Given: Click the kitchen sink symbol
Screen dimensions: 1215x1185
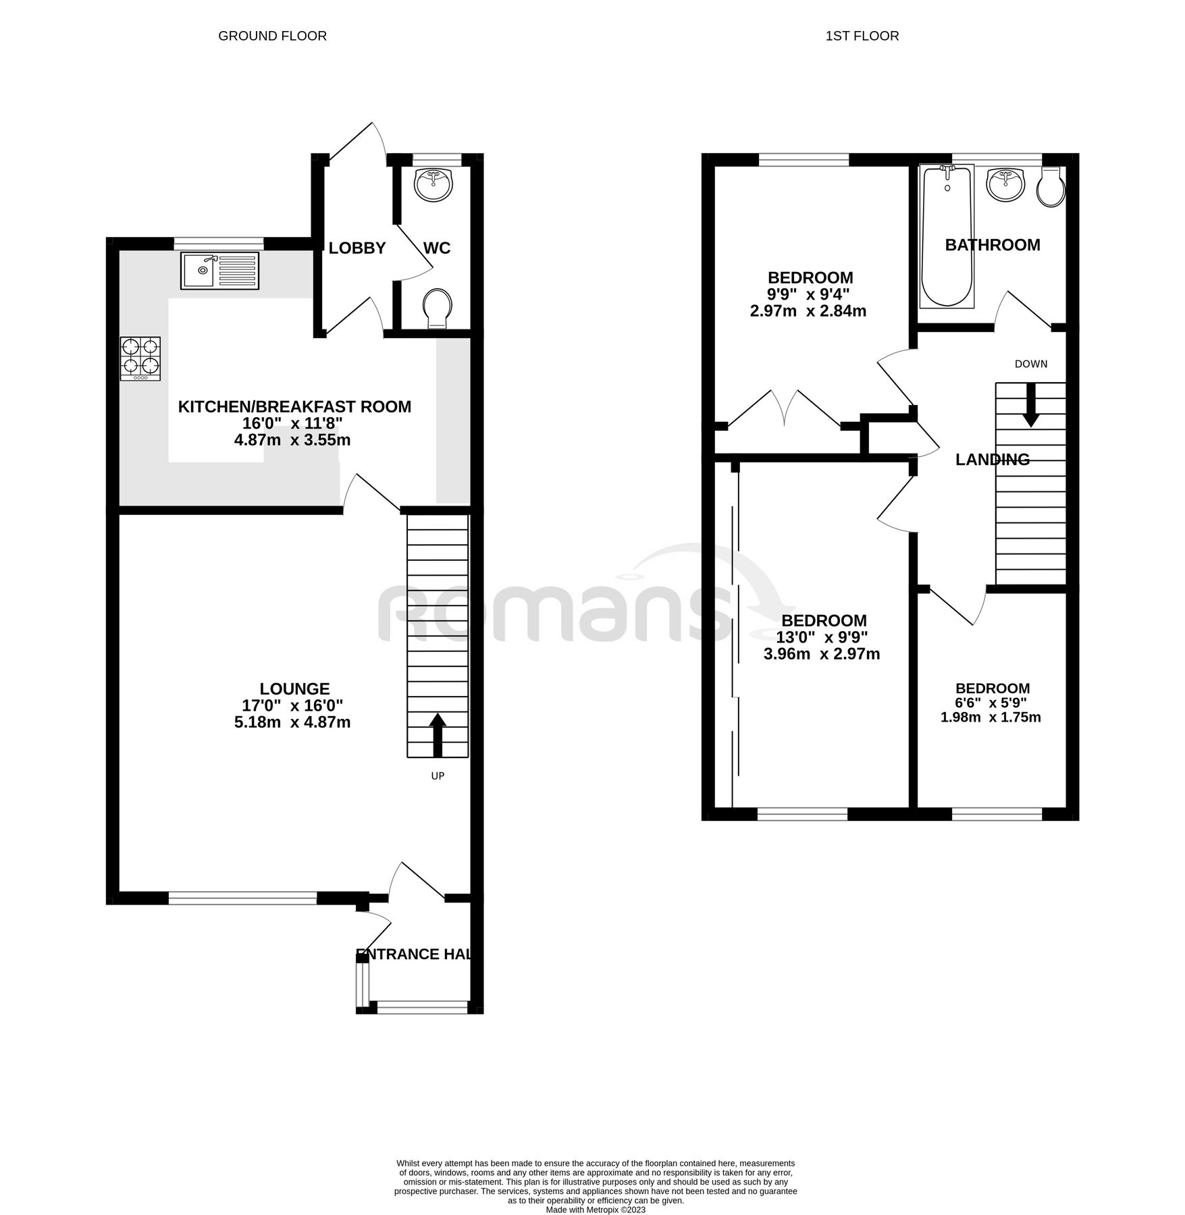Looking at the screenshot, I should coord(219,270).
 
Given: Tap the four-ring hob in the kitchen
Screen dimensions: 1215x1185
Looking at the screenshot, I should coord(140,358).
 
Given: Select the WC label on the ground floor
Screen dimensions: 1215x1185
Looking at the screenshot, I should coord(436,248).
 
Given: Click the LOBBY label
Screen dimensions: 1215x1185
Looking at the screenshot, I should coord(357,248).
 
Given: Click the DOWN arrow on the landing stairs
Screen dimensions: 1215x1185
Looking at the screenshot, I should coord(1030,405).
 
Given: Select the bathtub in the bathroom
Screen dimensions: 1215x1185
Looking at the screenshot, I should coord(947,236).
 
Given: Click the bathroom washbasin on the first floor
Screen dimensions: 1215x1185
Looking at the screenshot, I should coord(1005,184).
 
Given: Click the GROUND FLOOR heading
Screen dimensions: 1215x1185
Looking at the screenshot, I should coord(272,36).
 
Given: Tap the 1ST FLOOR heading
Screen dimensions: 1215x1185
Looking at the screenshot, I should coord(862,36).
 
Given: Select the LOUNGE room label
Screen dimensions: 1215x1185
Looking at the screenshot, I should coord(295,688).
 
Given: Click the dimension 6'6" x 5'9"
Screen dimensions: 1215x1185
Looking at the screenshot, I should coord(991,703).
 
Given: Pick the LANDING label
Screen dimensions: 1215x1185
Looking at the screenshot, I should coord(993,460).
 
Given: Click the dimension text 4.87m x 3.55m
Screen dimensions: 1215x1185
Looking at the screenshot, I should coord(292,440).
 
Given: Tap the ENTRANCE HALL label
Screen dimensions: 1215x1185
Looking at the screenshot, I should coord(413,954).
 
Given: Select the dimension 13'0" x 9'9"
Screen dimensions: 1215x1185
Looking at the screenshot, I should coord(824,637).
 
